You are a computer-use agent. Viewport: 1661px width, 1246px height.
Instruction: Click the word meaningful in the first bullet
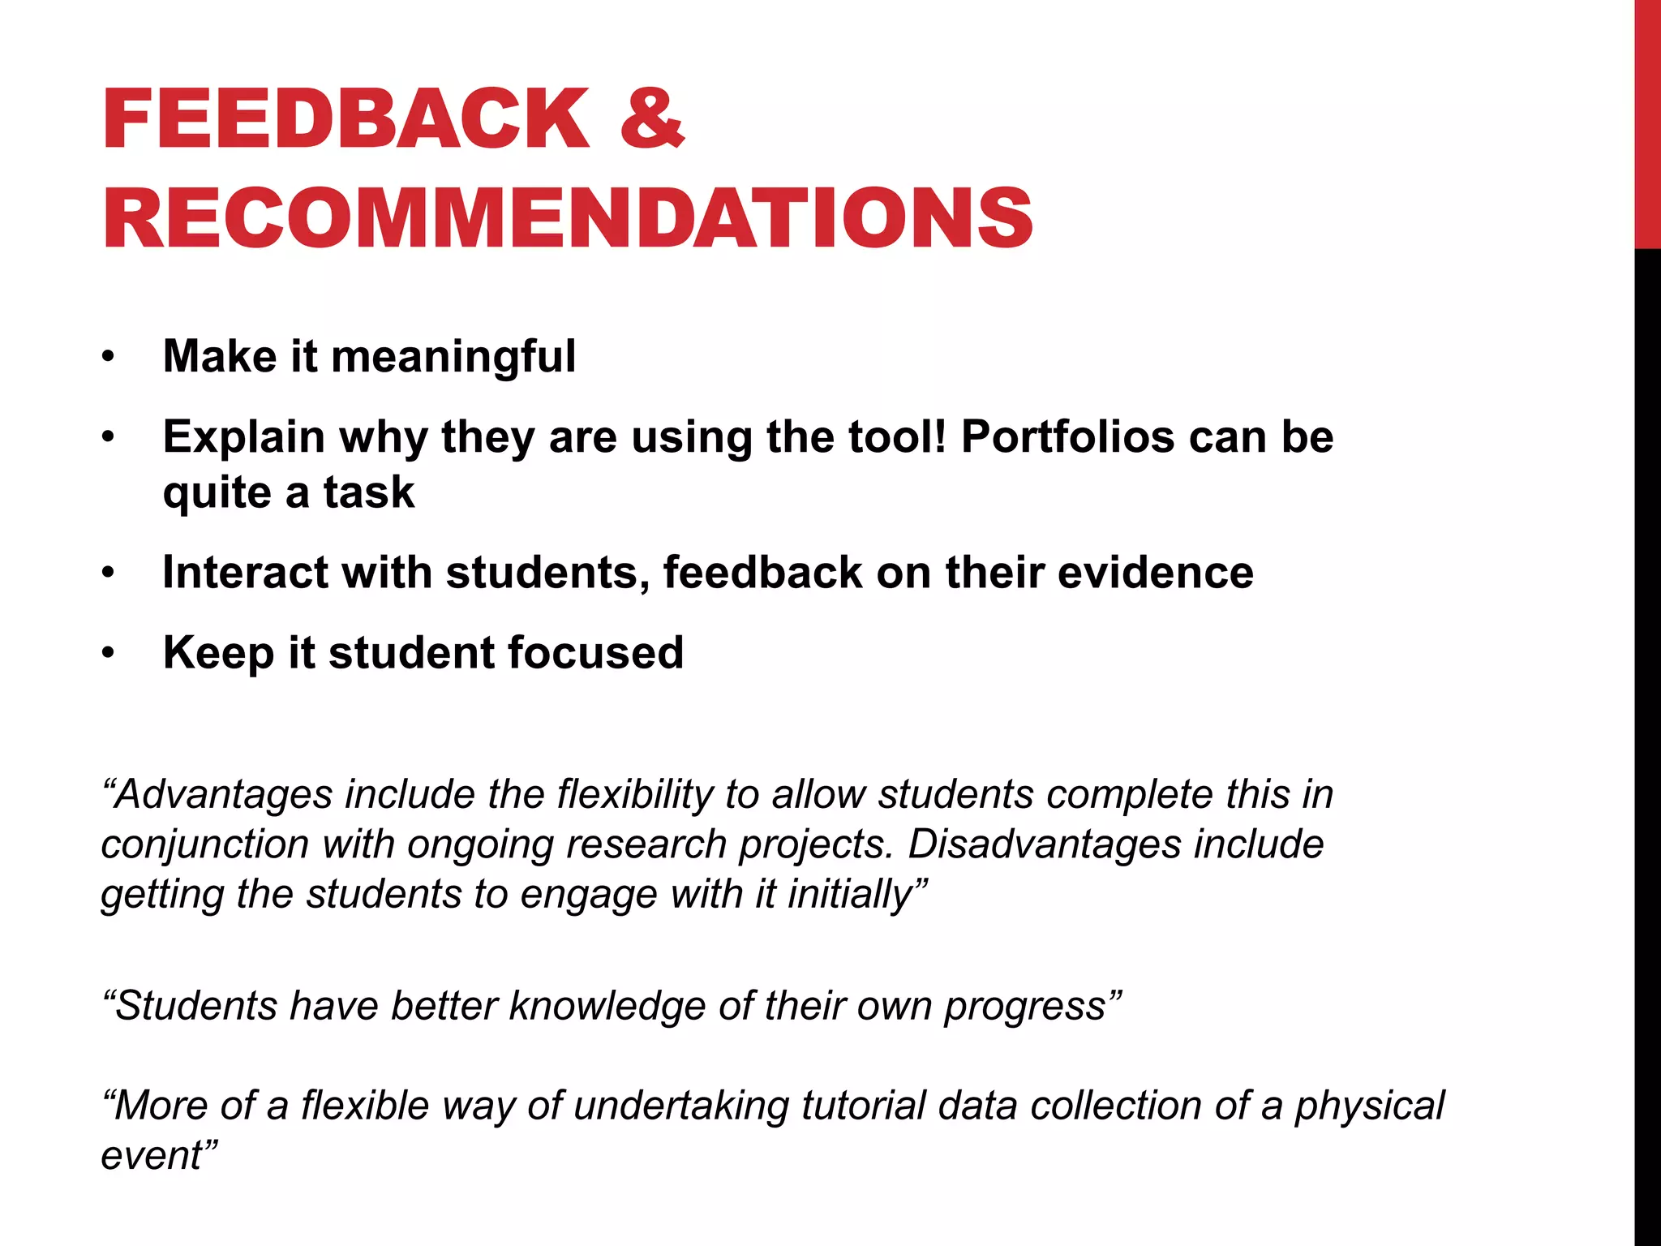click(x=453, y=356)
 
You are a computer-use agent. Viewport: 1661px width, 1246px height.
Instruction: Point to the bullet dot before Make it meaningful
click(x=109, y=357)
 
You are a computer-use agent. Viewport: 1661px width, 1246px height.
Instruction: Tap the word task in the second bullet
click(x=369, y=492)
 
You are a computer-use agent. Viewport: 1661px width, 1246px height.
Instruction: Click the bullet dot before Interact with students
click(x=109, y=574)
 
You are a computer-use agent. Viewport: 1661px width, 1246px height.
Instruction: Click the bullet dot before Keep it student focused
click(x=109, y=654)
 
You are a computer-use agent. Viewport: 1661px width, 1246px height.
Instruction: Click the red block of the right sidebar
click(x=1647, y=122)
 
